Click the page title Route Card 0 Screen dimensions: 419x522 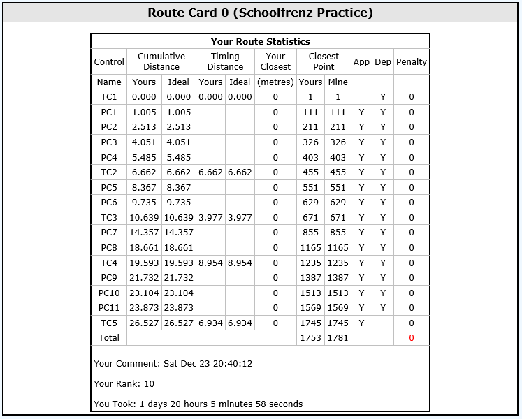click(260, 13)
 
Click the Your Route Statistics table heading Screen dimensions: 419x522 click(260, 42)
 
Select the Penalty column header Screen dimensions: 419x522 click(412, 61)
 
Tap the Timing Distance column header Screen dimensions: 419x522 click(225, 61)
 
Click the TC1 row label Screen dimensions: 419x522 click(108, 97)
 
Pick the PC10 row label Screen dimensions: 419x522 click(108, 293)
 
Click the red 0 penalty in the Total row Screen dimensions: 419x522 click(412, 338)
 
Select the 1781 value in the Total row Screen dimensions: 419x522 click(338, 338)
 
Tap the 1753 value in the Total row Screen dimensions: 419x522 click(310, 338)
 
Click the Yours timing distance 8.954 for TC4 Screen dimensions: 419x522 click(210, 263)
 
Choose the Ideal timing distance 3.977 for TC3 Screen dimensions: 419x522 click(240, 217)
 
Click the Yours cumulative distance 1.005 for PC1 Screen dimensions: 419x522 click(144, 112)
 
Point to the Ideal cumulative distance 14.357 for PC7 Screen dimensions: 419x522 click(179, 233)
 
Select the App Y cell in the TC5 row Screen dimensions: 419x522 click(361, 323)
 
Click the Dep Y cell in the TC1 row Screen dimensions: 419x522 click(383, 97)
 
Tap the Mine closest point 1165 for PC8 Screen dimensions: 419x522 click(338, 247)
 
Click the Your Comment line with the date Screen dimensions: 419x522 click(173, 364)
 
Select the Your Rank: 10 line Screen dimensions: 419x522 click(124, 384)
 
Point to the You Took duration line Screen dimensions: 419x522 click(198, 404)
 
